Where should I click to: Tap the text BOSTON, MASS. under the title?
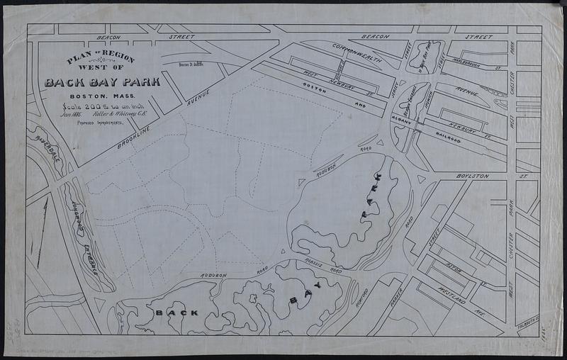(x=103, y=96)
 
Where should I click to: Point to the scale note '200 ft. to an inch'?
(x=108, y=108)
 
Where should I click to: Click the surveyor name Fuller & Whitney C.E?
(x=121, y=116)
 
